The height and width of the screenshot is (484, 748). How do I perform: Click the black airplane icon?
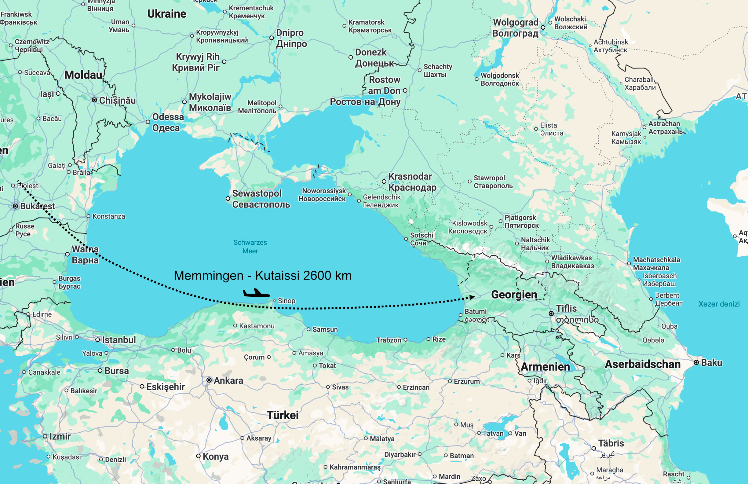pos(256,293)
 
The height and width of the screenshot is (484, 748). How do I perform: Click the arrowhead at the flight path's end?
pos(472,297)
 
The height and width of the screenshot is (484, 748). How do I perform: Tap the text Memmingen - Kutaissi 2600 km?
pos(263,276)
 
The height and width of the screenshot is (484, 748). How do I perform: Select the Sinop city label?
pos(286,301)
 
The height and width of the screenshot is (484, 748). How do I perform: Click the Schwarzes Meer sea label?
pos(250,247)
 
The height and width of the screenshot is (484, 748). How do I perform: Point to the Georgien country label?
pos(514,295)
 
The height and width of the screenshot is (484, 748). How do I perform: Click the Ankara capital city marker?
pos(209,380)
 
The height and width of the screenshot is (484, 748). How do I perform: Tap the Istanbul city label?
pos(119,340)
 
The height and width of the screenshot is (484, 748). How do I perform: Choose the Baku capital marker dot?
pos(696,362)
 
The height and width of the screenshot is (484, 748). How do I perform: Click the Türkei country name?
pos(283,415)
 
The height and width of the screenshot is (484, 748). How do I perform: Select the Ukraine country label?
pos(167,14)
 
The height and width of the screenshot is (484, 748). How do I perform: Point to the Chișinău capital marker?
pos(94,100)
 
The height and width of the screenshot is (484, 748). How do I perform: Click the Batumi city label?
pos(475,311)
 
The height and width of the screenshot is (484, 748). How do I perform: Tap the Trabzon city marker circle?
pos(405,340)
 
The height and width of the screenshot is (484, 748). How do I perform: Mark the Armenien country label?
pos(545,367)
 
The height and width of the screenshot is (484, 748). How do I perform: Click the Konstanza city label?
pos(109,216)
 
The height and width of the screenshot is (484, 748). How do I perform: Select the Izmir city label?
pos(60,436)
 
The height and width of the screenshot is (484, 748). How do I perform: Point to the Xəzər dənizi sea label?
pos(719,304)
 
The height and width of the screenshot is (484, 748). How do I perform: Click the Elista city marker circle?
pos(536,129)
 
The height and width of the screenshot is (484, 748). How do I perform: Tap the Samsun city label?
pos(325,329)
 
